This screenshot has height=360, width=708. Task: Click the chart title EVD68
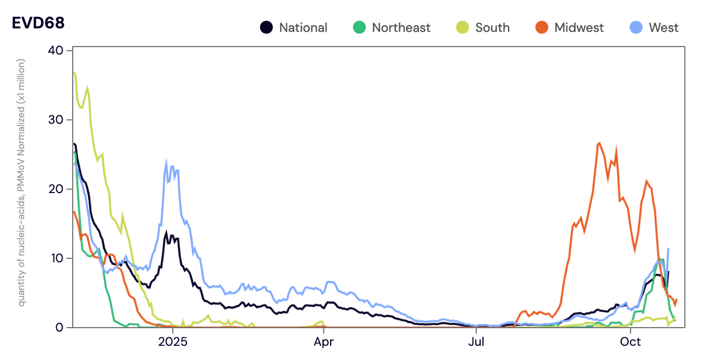click(x=38, y=23)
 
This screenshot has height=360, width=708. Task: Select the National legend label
click(x=303, y=27)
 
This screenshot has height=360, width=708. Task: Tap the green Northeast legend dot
click(x=359, y=27)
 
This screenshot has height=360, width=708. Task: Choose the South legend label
click(x=492, y=27)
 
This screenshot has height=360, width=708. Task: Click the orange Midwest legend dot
click(x=542, y=27)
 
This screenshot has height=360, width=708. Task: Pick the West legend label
click(x=664, y=27)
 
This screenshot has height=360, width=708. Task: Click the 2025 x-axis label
click(x=172, y=342)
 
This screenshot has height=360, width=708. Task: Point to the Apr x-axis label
click(x=324, y=342)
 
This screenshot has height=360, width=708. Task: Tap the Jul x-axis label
click(x=476, y=342)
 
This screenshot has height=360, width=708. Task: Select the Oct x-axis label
click(x=630, y=342)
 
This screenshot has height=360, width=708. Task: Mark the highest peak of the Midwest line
click(x=599, y=143)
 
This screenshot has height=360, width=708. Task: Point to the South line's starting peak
click(x=74, y=73)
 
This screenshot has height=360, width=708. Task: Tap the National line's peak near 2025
click(x=166, y=232)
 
